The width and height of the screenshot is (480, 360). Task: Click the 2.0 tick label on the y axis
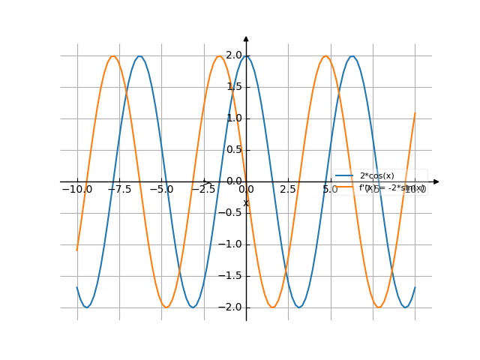pos(234,55)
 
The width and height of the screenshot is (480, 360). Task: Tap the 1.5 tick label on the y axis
pos(234,86)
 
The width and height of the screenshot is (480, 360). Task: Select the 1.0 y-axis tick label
pos(234,118)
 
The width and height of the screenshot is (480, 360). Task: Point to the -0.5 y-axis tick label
pos(232,212)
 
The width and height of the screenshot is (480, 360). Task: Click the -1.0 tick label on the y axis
pos(232,244)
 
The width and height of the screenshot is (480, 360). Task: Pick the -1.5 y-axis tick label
pos(232,275)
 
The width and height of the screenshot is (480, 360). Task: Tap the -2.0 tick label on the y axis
pos(232,307)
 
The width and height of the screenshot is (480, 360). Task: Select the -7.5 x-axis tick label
pos(119,190)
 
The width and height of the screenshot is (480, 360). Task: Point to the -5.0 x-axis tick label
pos(161,190)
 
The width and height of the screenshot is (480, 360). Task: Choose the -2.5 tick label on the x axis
pos(203,190)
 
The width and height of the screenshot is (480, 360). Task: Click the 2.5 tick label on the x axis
pos(288,190)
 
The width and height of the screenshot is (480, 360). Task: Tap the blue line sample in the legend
pos(344,175)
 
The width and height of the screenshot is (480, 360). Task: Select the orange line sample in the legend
pos(344,188)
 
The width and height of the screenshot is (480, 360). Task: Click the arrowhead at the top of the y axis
pos(246,38)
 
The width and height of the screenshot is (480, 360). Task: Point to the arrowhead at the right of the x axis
pos(436,181)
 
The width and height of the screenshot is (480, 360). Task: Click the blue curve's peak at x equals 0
pos(246,56)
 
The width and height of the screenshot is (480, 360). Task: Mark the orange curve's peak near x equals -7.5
pos(112,56)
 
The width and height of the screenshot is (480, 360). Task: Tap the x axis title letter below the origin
pos(245,203)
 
